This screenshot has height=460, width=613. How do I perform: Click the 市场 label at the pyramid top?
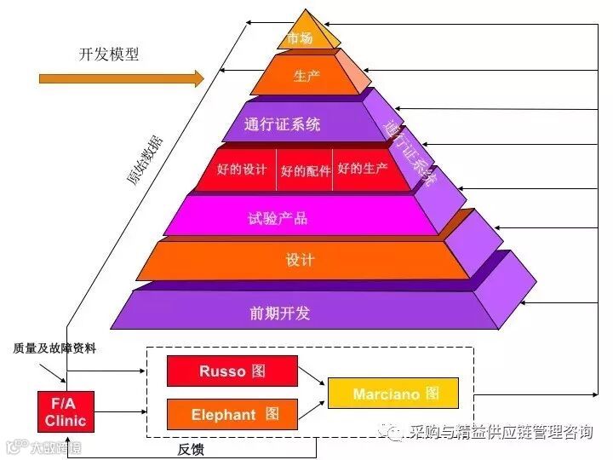click(x=300, y=38)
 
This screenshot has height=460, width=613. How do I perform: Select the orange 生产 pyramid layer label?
click(x=306, y=77)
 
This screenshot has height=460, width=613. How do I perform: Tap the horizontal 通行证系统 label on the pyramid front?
click(x=282, y=124)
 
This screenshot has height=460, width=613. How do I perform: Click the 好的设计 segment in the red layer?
click(x=242, y=170)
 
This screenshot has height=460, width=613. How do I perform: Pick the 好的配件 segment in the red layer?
click(x=305, y=170)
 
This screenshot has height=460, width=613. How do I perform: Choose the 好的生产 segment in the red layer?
click(x=363, y=169)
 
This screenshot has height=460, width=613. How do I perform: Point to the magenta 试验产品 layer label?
click(x=278, y=218)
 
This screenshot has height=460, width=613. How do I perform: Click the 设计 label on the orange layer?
click(x=300, y=260)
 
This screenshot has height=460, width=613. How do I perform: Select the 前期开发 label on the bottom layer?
click(x=280, y=312)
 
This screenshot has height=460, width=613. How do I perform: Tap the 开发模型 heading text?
click(x=109, y=55)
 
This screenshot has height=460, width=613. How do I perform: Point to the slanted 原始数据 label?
click(x=140, y=158)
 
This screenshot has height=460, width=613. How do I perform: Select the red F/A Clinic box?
click(x=66, y=412)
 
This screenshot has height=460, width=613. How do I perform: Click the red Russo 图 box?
click(x=232, y=371)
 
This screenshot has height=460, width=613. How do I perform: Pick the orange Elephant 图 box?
click(x=232, y=415)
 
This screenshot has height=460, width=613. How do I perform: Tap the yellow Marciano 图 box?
click(x=392, y=394)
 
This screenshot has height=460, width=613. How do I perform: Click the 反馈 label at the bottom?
click(x=191, y=448)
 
